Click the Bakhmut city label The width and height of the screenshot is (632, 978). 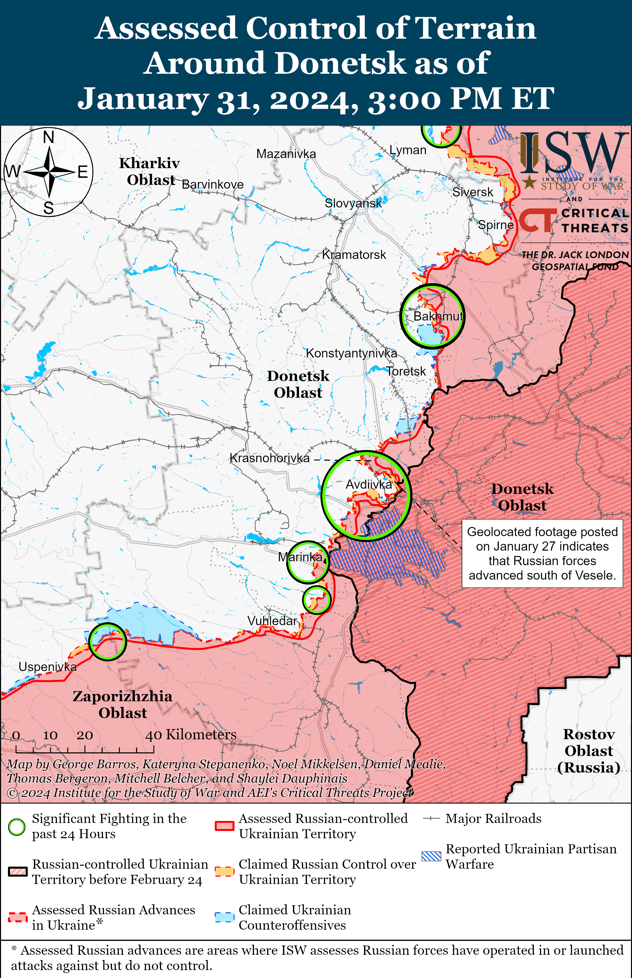click(438, 316)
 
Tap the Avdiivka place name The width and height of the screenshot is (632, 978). click(369, 485)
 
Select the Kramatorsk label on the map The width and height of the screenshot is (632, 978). click(354, 255)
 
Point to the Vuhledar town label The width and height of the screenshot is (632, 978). click(272, 621)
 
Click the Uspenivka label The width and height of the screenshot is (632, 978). click(48, 667)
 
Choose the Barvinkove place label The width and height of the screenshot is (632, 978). click(213, 185)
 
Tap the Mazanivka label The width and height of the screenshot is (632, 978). click(286, 154)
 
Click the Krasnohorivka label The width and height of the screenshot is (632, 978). click(270, 458)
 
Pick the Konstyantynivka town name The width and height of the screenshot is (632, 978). click(351, 353)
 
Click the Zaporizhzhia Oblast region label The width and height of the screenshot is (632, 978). click(122, 704)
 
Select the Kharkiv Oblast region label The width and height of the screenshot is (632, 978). click(150, 172)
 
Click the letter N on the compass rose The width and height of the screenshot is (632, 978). click(48, 137)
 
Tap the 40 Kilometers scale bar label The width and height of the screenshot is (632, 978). click(191, 735)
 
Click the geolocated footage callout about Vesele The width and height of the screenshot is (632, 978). click(542, 554)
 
